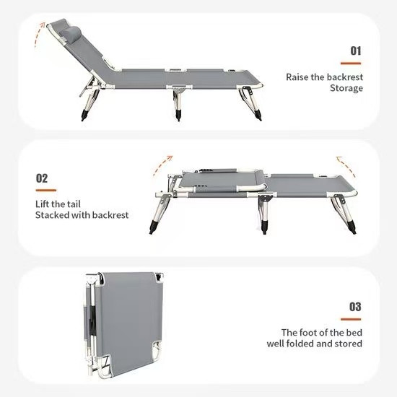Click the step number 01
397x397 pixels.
[355, 51]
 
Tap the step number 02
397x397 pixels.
[42, 178]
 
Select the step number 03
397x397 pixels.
[355, 307]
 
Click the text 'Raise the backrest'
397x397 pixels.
[324, 76]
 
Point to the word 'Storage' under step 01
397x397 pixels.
[346, 89]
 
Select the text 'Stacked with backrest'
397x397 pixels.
[82, 215]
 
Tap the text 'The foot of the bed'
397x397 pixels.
[321, 332]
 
